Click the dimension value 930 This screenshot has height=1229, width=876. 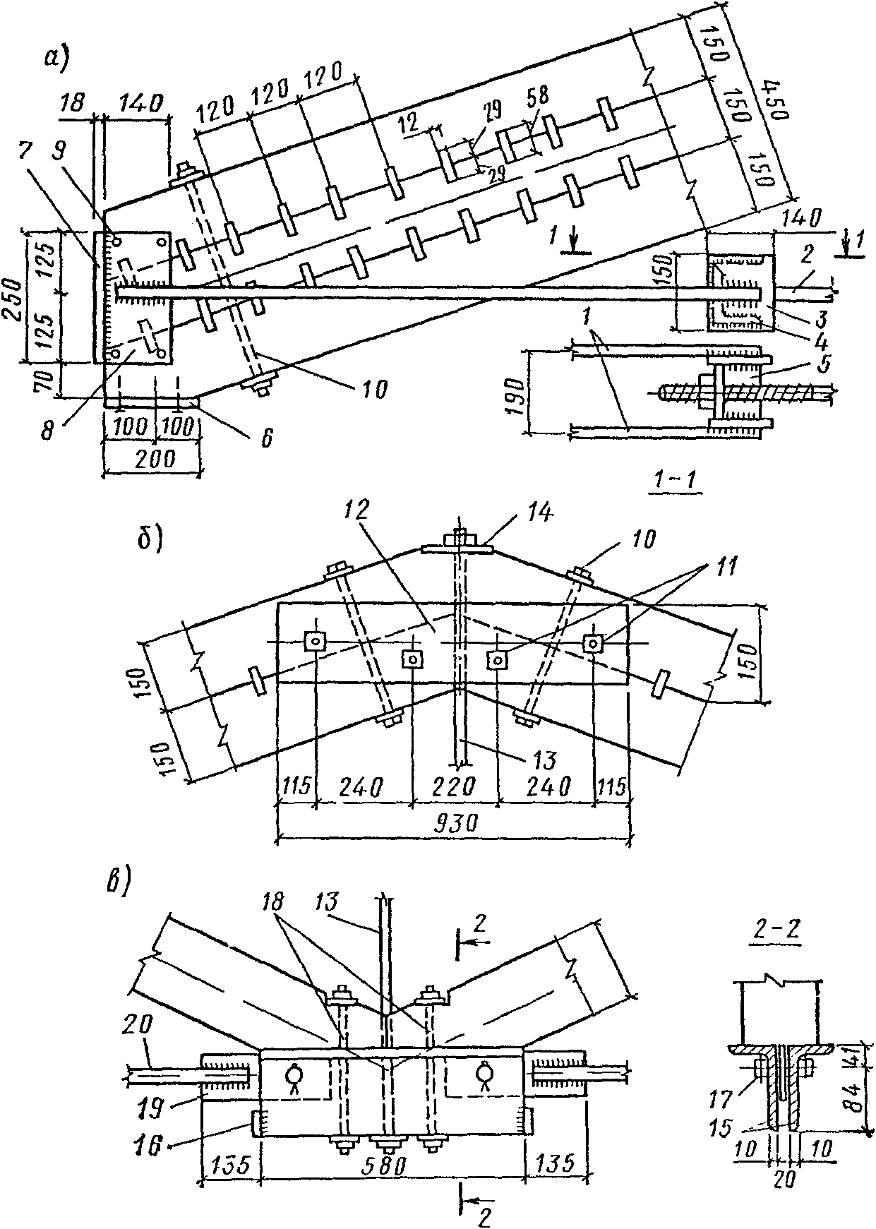click(x=452, y=822)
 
